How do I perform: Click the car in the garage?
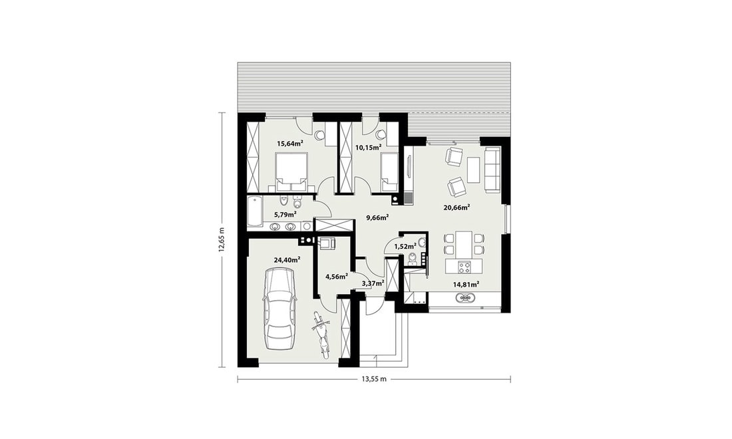click(279, 309)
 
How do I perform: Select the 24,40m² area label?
click(287, 260)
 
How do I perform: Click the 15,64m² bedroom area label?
click(290, 143)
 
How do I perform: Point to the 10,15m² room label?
click(369, 148)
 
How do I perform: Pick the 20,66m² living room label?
click(456, 207)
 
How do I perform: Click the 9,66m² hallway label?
click(378, 217)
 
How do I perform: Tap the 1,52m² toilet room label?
click(405, 246)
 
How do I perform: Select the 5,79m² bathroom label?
click(285, 215)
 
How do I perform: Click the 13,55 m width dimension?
click(374, 379)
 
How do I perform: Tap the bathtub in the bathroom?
click(255, 212)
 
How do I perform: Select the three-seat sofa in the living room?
click(492, 170)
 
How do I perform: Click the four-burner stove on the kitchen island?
click(464, 267)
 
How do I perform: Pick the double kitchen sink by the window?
click(465, 297)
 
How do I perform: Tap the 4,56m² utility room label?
click(336, 276)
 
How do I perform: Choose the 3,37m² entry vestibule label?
click(373, 283)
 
